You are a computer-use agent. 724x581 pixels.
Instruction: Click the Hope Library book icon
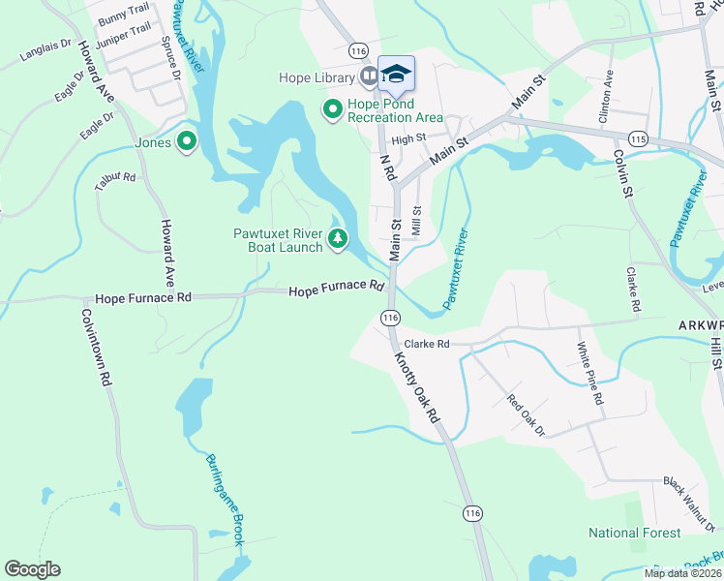click(368, 76)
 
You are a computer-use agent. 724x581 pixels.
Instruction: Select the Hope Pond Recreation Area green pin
click(333, 110)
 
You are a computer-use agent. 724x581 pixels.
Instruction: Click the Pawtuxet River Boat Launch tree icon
click(337, 238)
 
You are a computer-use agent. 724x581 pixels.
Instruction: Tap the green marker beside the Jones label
click(185, 143)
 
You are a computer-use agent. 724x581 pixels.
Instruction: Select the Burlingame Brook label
click(225, 500)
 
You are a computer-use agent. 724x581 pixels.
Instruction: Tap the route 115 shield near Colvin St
click(637, 138)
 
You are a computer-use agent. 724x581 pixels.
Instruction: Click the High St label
click(409, 139)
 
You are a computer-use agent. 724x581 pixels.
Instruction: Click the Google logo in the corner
click(32, 569)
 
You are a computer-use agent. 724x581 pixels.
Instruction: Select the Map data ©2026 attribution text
click(681, 573)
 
